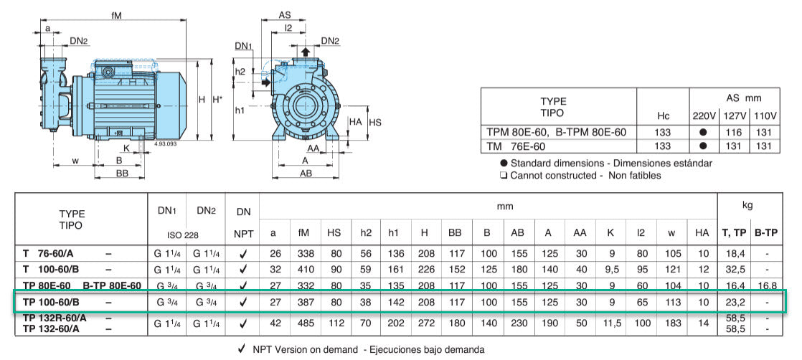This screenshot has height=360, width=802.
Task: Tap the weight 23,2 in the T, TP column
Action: [x=735, y=302]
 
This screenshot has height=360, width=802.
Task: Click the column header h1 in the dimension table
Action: [x=393, y=232]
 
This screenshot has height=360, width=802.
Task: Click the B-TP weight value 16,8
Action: [x=766, y=285]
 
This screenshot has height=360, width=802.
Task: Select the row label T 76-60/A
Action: [x=54, y=252]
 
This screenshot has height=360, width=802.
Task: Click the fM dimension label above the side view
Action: [x=117, y=14]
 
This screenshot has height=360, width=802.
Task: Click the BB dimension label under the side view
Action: [x=122, y=174]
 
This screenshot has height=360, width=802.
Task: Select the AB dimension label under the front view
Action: [x=306, y=174]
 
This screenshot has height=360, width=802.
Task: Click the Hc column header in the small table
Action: [x=663, y=115]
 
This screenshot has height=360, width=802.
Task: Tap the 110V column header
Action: [x=765, y=115]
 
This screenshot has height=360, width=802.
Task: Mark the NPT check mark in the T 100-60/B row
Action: [x=243, y=269]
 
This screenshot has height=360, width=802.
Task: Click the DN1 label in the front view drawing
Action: [x=244, y=46]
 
